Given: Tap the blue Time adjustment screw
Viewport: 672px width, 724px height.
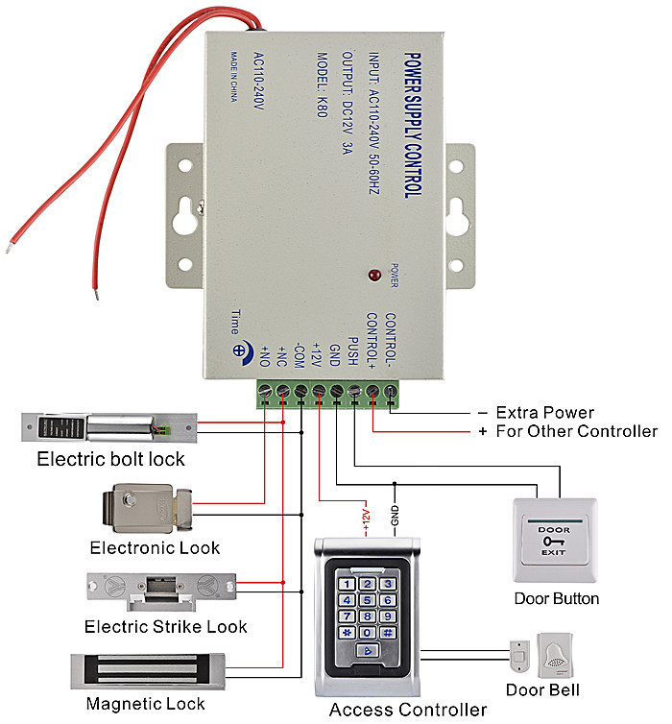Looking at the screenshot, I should pos(240,350).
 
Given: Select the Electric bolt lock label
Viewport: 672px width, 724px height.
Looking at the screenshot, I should pos(111,459).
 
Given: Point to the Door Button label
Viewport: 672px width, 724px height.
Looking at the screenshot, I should pos(557,598).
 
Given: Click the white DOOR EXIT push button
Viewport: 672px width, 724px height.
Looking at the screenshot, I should pos(554,540).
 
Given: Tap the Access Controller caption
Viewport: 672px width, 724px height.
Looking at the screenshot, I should pos(408,711).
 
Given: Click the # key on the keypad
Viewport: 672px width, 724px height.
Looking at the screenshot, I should pos(387,633).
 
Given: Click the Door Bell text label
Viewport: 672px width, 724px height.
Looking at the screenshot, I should pos(543,689).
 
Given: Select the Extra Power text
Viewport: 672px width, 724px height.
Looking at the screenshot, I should pos(543,413).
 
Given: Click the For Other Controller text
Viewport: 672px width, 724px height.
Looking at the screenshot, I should pos(577,431).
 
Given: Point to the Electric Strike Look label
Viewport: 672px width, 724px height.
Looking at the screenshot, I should pos(166,626).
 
